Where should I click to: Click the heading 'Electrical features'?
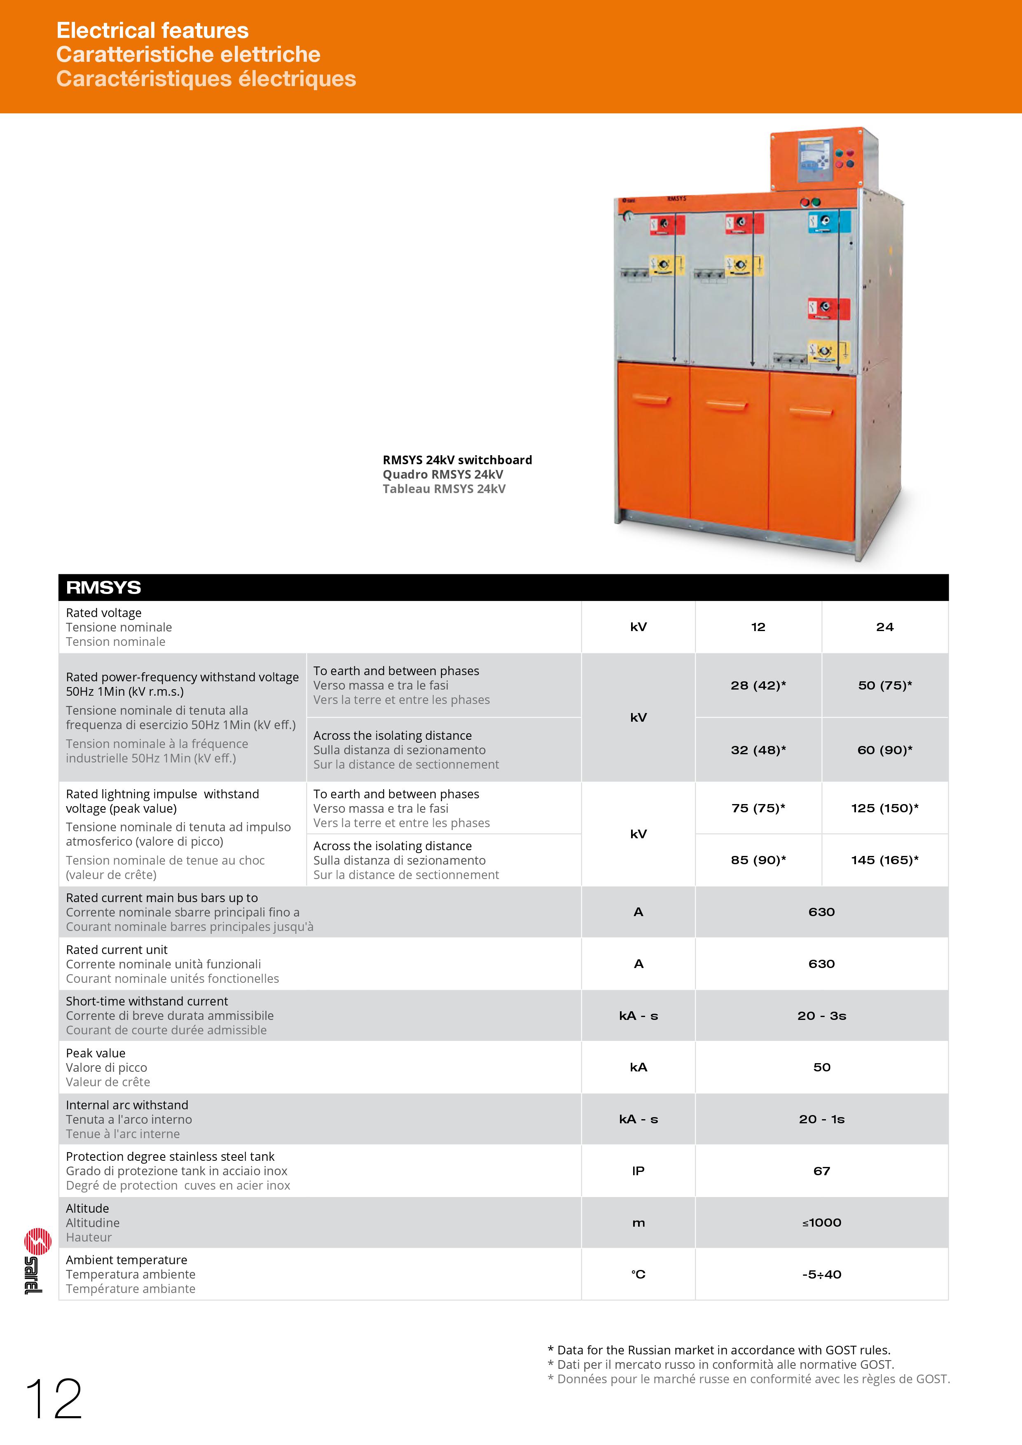pos(152,30)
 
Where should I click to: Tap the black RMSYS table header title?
pos(104,587)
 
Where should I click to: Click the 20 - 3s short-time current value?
pos(821,1016)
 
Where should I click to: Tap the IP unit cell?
pos(638,1171)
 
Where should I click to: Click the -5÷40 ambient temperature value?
pos(821,1274)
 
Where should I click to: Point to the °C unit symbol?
pos(638,1274)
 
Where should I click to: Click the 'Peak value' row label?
pos(96,1053)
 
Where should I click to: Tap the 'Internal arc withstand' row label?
pos(127,1105)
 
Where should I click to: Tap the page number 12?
pos(54,1399)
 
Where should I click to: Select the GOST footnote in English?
pos(719,1350)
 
